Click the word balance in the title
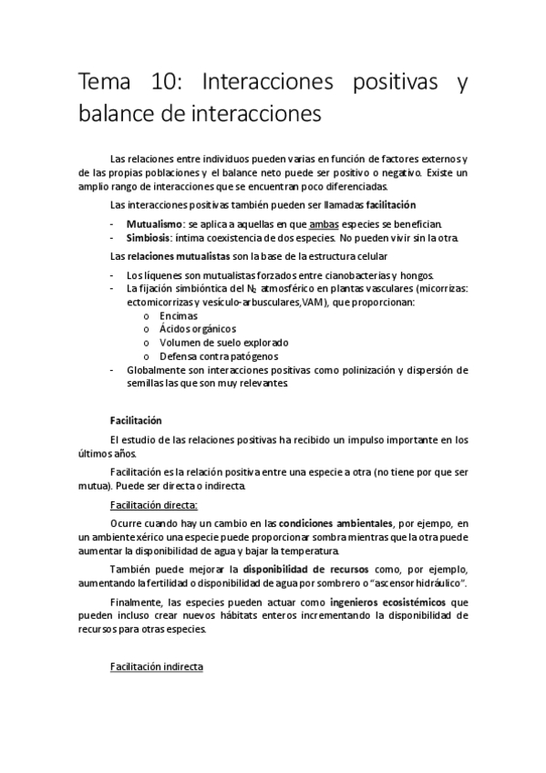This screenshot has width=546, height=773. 117,115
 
